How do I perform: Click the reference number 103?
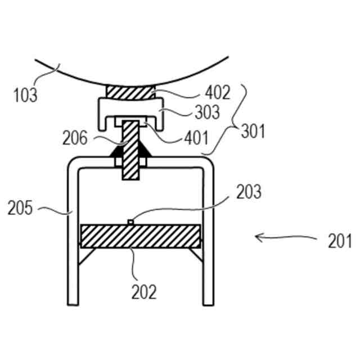[x=26, y=94]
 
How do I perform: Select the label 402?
[x=218, y=93]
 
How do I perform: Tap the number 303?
[x=207, y=111]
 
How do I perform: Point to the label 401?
[x=195, y=137]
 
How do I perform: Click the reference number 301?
[x=253, y=131]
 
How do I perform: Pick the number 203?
[x=249, y=192]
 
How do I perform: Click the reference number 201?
[x=339, y=241]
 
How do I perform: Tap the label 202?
[x=144, y=292]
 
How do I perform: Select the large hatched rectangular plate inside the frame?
[x=141, y=236]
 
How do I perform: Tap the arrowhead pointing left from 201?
[x=259, y=237]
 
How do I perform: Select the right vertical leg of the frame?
[x=209, y=236]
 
